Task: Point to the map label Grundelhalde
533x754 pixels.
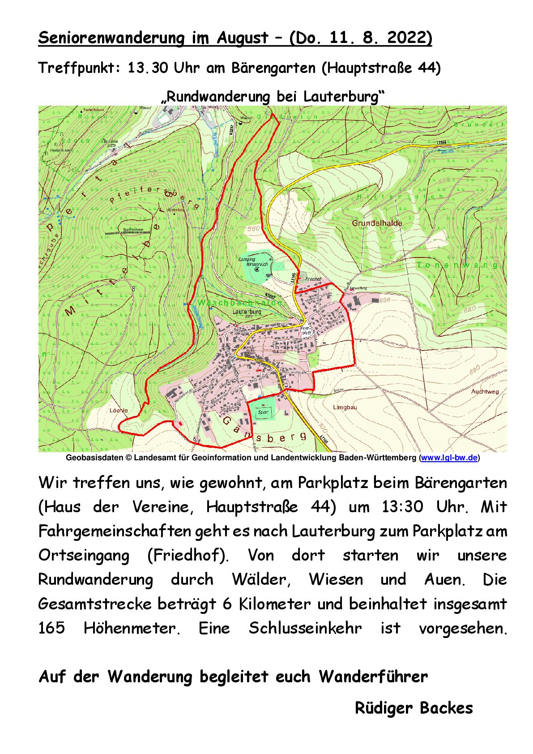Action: click(x=376, y=223)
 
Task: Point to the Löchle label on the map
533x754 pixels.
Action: click(x=119, y=410)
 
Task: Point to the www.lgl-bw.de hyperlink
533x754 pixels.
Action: click(x=449, y=458)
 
